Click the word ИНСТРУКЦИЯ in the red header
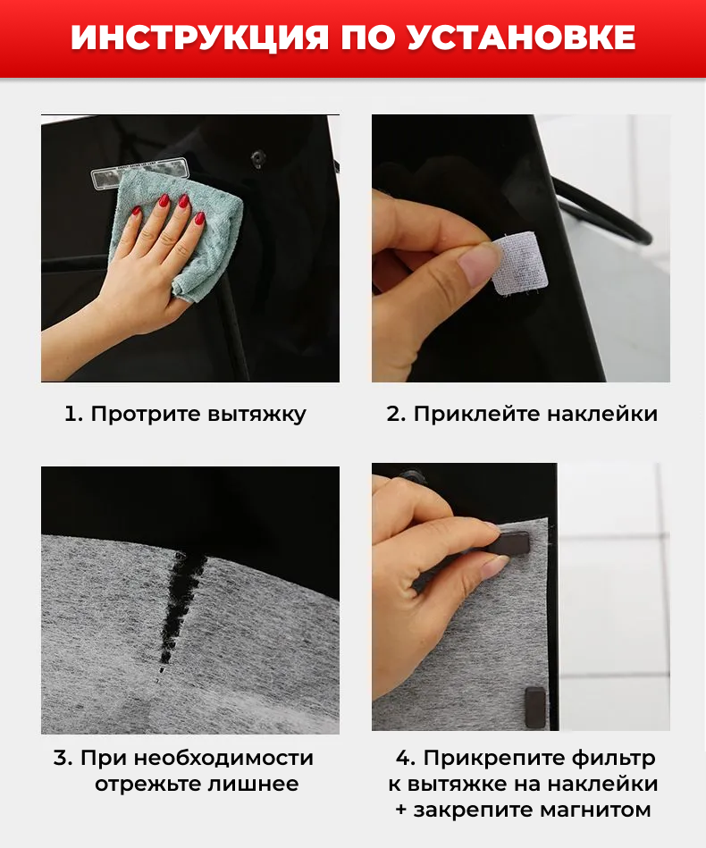[x=199, y=38]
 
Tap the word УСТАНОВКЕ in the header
[x=522, y=38]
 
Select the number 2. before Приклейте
[x=396, y=415]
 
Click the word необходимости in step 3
[x=223, y=758]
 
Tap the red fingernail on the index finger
[x=163, y=200]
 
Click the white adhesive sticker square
[x=520, y=264]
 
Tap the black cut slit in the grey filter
[x=180, y=606]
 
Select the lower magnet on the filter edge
[x=535, y=708]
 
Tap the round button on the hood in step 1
[x=258, y=157]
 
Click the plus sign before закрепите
[x=401, y=810]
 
